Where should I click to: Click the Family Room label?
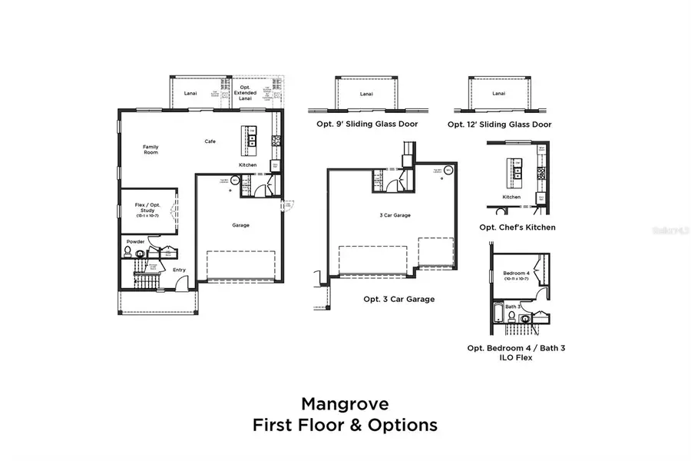tap(150, 149)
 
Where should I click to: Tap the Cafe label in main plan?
tap(210, 141)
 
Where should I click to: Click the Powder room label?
tap(135, 241)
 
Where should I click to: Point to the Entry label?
tap(179, 270)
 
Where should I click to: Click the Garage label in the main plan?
tap(241, 225)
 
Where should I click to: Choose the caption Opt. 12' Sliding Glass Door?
tap(499, 124)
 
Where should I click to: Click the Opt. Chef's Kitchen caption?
tap(517, 227)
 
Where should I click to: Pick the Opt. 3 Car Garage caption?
tap(398, 299)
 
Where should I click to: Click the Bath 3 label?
tap(513, 306)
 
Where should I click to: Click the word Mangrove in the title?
tap(345, 403)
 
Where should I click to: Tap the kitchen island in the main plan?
tap(250, 135)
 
